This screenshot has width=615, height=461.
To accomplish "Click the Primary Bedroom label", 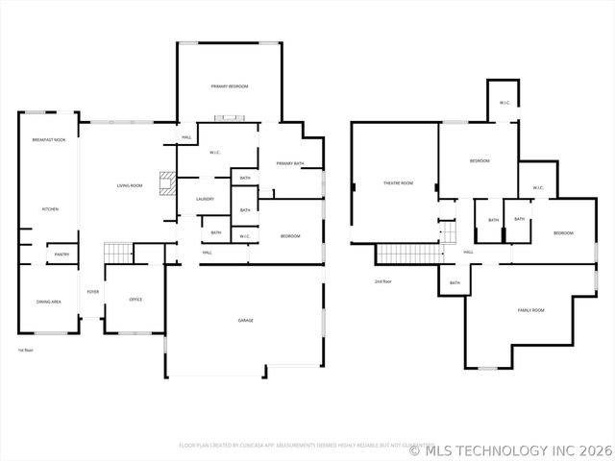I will point(230,86).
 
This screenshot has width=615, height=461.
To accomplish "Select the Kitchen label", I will point(50,208).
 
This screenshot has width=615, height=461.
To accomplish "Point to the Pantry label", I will point(61,255).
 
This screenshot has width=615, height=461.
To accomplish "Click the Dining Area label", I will point(49,302).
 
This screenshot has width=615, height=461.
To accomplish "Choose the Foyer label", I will point(93,291).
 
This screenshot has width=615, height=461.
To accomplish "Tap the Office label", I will point(135,300).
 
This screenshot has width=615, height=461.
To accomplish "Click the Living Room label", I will point(130,185).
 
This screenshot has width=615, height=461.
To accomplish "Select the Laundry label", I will point(205,199).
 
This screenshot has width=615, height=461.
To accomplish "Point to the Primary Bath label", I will point(290,164).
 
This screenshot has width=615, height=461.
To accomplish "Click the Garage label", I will point(246,320).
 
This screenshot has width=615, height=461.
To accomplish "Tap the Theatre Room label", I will point(398,183).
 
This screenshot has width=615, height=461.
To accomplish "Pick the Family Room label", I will point(531,310).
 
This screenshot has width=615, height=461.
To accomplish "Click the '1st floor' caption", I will point(26,351).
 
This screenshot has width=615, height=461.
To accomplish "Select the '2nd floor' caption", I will point(383,281).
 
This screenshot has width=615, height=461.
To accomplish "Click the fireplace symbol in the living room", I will point(166,183).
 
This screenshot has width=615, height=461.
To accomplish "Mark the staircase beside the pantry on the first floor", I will point(117,253).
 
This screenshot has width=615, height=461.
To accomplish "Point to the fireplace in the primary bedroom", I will point(231,118).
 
